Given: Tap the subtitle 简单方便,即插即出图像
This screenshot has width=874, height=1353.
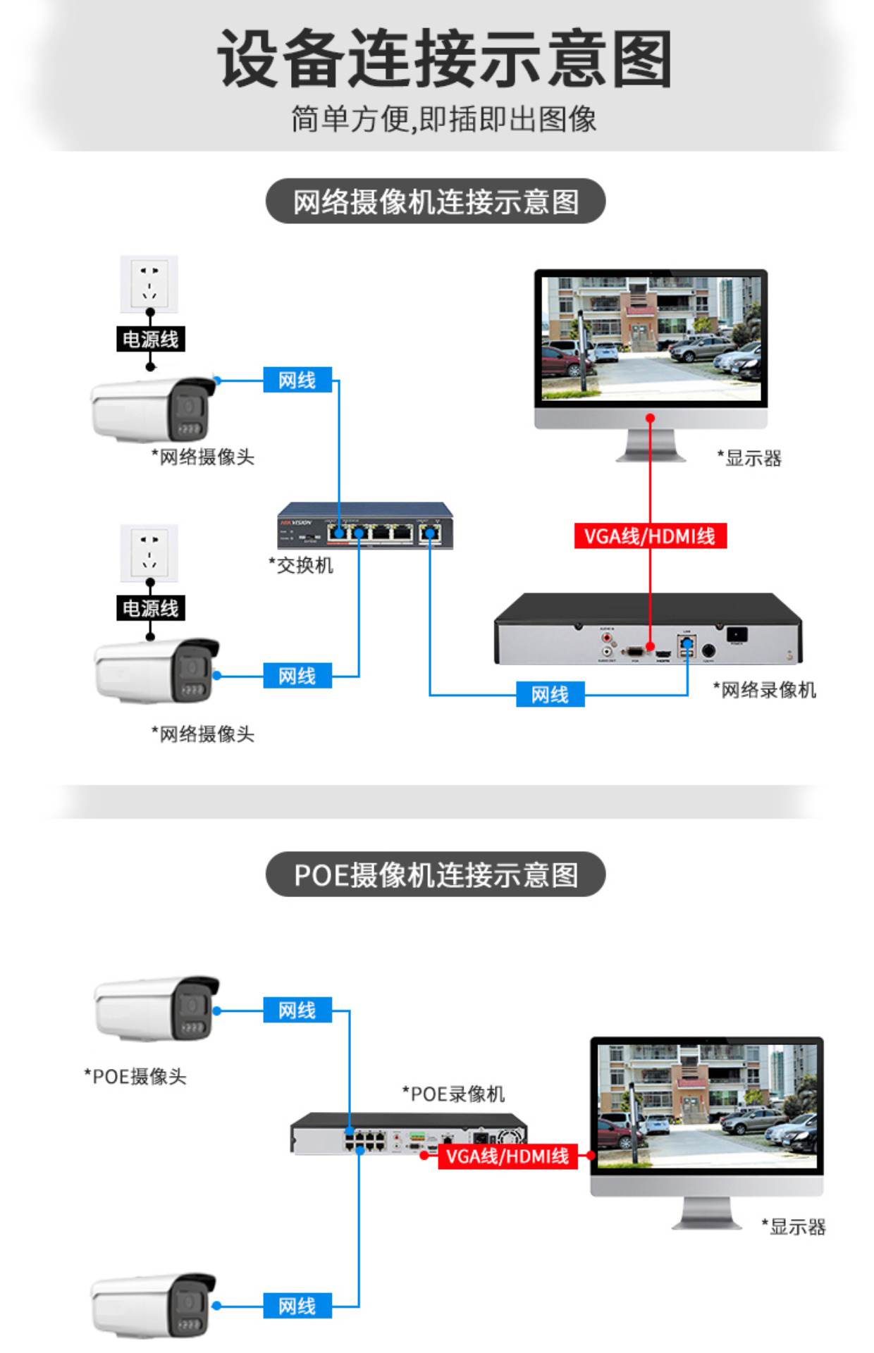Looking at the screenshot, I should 444,119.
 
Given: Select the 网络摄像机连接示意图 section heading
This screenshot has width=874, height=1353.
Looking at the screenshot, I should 436,202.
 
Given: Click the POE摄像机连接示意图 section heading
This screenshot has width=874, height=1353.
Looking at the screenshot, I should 436,875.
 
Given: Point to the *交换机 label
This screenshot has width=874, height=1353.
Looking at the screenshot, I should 301,565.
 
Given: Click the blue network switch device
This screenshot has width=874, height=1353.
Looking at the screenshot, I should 365,524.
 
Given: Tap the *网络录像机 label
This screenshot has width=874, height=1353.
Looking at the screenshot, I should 764,690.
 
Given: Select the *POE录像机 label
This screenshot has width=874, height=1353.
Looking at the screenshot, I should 453,1094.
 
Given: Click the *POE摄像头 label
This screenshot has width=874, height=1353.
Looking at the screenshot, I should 135,1076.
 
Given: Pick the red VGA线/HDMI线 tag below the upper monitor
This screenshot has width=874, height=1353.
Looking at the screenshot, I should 650,536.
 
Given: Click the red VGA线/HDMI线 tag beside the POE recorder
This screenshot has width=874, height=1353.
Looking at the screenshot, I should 507,1156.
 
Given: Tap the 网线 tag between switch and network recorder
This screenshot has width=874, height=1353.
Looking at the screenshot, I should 550,695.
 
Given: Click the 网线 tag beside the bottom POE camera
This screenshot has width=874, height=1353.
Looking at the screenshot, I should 297,1306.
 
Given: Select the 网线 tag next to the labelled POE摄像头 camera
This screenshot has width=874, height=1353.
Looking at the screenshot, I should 297,1011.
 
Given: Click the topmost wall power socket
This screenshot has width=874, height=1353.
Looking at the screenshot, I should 149,283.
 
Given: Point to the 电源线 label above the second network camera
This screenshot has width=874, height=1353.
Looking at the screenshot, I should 150,608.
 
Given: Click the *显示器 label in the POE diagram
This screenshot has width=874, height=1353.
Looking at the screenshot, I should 794,1227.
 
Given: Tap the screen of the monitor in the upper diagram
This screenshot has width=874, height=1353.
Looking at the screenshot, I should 651,338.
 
